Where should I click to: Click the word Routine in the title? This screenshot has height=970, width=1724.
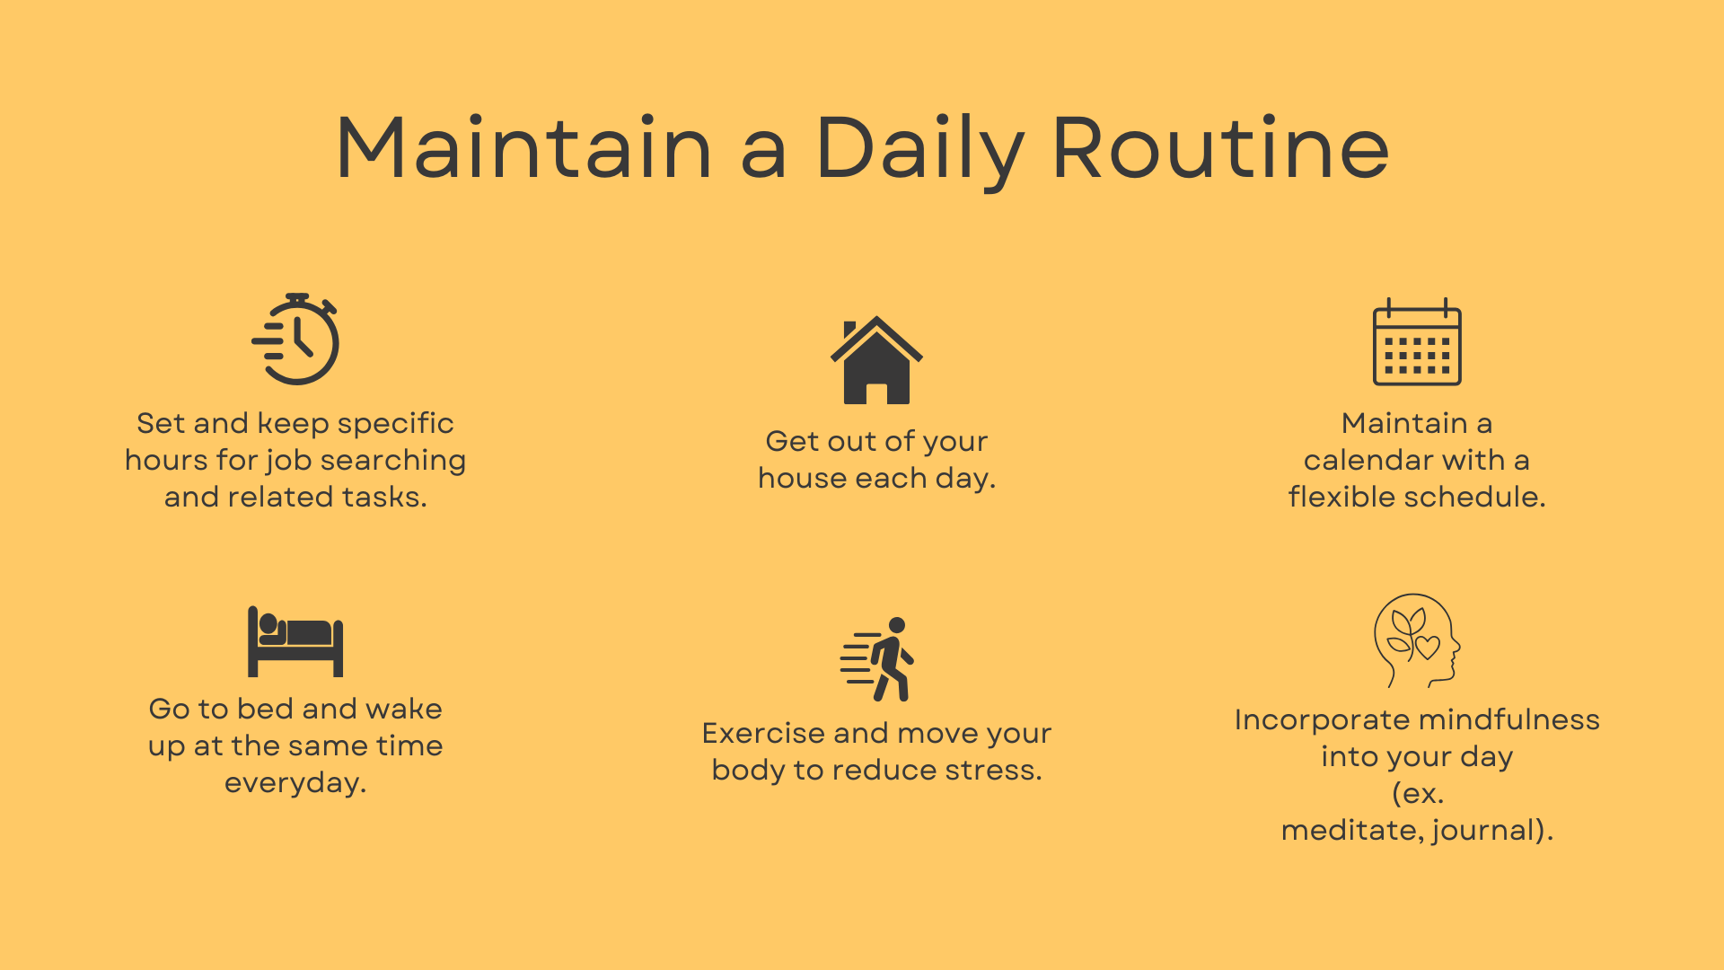[1221, 148]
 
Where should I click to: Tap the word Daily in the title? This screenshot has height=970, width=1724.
[920, 153]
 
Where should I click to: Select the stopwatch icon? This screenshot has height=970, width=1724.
[295, 339]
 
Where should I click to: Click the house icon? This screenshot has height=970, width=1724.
[876, 360]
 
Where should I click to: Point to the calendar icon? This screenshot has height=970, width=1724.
[1417, 341]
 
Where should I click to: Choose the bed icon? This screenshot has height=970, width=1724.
[295, 641]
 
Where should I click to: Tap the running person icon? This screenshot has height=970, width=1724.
[877, 659]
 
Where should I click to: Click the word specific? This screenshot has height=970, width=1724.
[395, 424]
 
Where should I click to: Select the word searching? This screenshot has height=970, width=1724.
[393, 461]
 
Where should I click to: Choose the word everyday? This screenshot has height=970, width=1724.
[295, 783]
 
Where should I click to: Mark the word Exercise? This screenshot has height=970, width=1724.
[763, 733]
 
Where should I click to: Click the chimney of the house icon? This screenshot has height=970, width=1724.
[849, 331]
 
